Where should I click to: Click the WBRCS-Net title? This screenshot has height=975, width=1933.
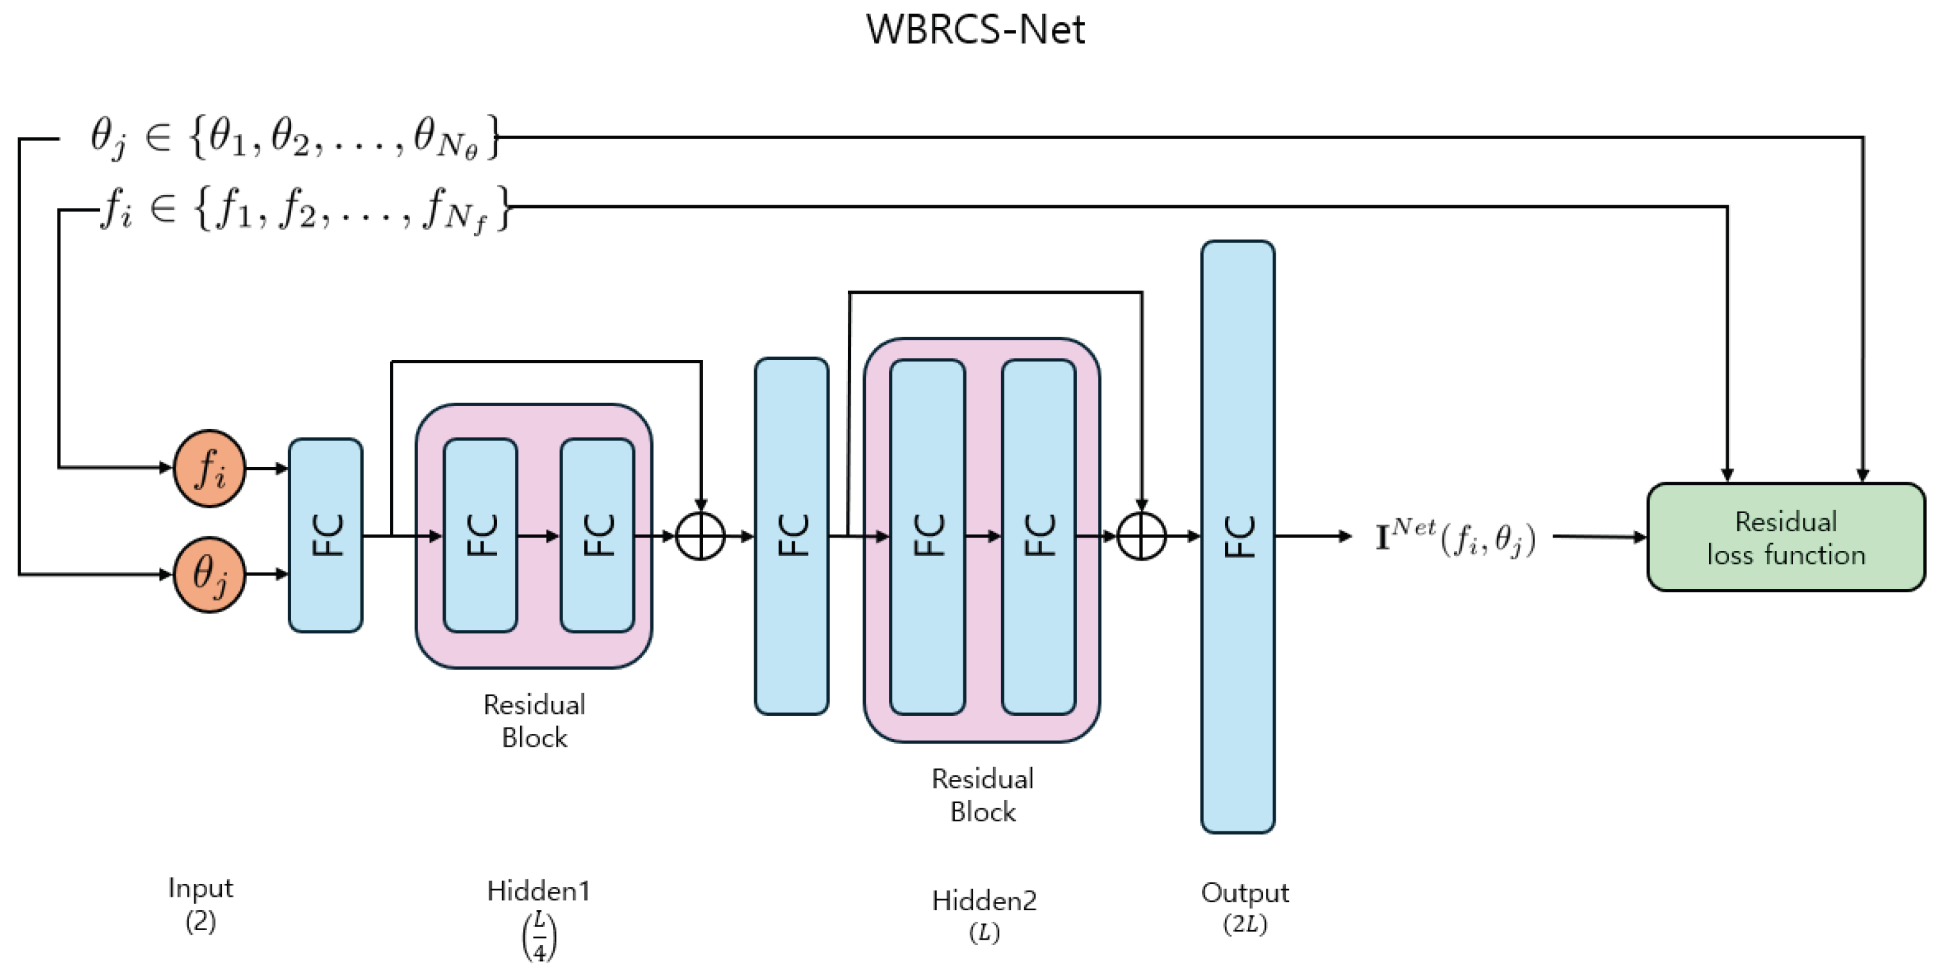coord(975,30)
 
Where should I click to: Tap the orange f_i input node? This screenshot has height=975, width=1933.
coord(209,468)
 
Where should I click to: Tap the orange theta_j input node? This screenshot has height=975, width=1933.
coord(209,575)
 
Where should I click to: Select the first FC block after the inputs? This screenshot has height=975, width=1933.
coord(326,535)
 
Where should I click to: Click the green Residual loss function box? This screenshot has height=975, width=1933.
coord(1785,538)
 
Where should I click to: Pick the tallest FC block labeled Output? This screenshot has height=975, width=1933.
coord(1237,537)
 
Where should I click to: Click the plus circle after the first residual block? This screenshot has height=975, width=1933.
coord(700,537)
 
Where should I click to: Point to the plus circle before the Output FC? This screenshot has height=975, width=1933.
coord(1142,537)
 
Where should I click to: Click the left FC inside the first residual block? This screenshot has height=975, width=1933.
coord(480,535)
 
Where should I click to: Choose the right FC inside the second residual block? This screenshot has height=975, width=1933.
coord(1038,537)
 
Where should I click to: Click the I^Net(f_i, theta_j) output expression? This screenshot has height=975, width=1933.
coord(1455,538)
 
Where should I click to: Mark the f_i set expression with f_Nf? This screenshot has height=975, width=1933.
coord(304,208)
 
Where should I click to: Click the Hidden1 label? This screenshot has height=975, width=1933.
coord(538,891)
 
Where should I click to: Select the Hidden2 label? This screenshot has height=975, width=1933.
coord(984,901)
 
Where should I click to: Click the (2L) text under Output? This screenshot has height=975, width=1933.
coord(1245,924)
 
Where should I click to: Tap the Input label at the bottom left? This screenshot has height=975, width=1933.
coord(200,888)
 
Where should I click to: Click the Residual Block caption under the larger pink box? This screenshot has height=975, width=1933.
coord(983,795)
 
